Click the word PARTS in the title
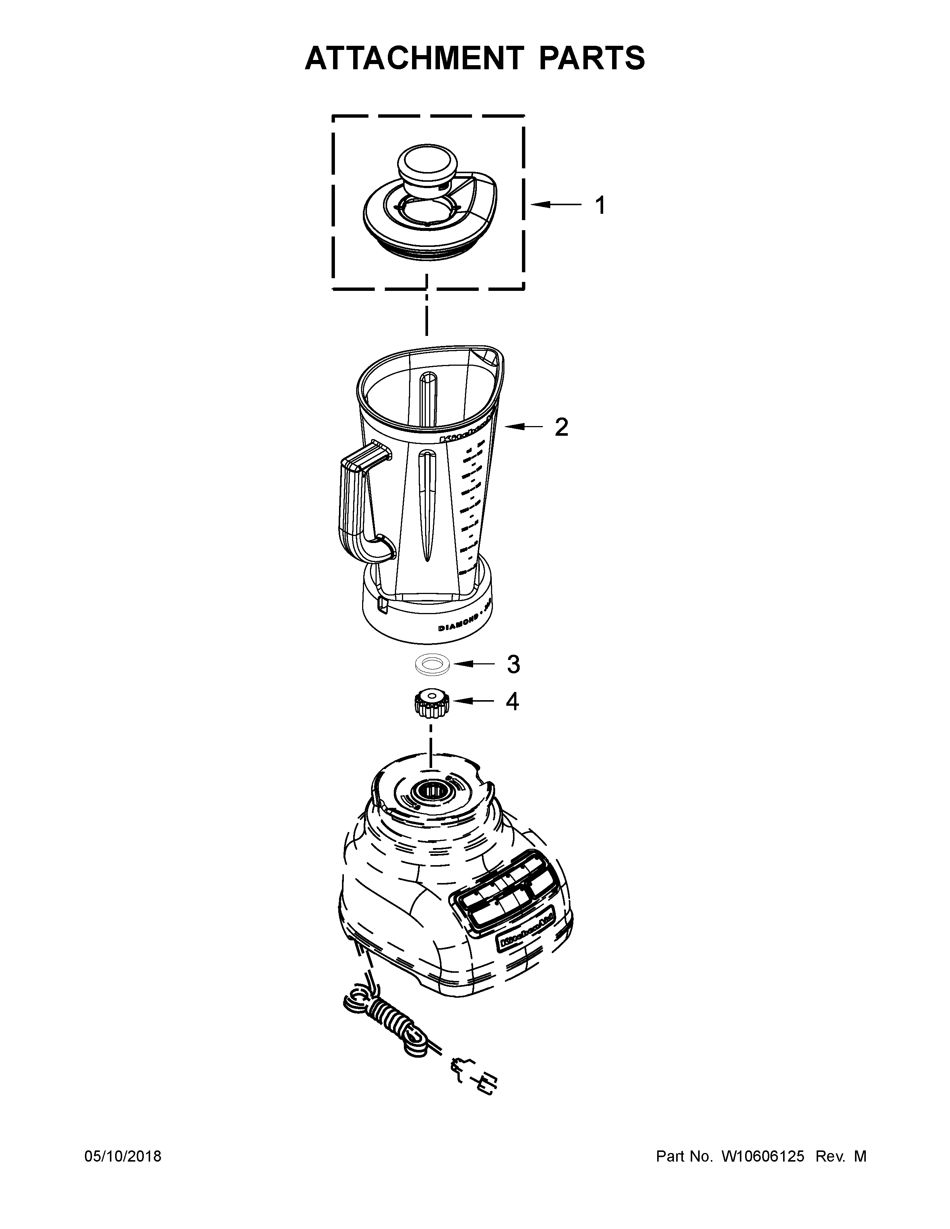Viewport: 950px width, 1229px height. tap(591, 58)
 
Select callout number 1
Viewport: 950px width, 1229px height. tap(601, 206)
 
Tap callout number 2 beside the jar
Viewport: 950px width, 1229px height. tap(561, 428)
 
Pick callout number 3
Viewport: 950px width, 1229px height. tap(513, 664)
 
